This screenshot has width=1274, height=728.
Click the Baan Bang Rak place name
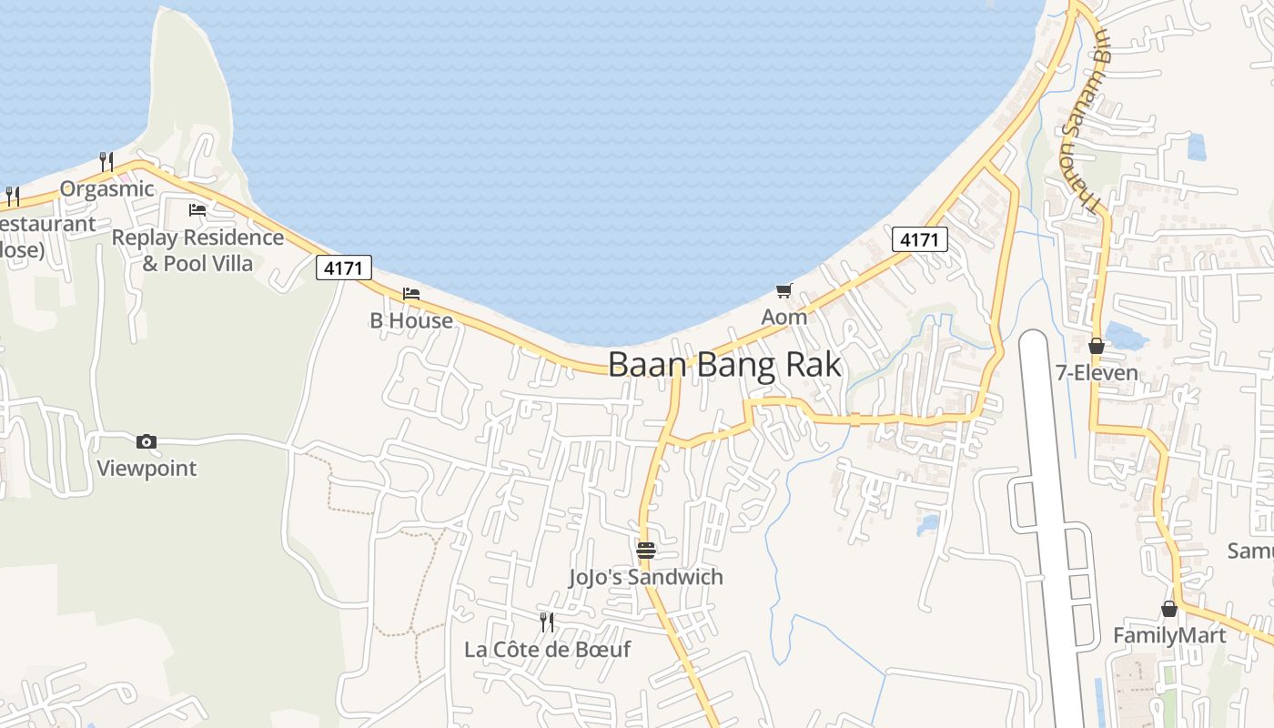(723, 365)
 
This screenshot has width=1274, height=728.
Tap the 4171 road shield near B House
(344, 268)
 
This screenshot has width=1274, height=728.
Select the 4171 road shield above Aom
(919, 239)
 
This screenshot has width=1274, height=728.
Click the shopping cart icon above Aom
(784, 291)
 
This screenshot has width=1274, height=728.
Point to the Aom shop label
(784, 318)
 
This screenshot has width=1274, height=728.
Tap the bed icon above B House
(411, 294)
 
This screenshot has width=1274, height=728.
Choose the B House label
(411, 320)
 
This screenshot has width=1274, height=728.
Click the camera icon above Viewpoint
(146, 442)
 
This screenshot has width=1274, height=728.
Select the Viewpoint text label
(147, 469)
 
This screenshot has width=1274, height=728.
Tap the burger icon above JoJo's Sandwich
(646, 551)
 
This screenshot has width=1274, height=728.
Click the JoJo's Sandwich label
(646, 577)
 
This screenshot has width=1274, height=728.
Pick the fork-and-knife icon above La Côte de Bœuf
(547, 622)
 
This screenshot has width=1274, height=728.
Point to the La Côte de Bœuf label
(547, 650)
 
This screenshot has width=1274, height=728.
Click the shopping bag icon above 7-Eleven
(1097, 346)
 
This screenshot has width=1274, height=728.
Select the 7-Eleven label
(1097, 372)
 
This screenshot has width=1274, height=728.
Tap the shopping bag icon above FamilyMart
(1169, 609)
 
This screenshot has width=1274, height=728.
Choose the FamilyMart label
(1169, 635)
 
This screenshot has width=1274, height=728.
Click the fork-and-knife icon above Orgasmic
(106, 162)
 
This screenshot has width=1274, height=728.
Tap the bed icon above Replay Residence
(197, 210)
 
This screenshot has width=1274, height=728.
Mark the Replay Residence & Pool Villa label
(197, 250)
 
